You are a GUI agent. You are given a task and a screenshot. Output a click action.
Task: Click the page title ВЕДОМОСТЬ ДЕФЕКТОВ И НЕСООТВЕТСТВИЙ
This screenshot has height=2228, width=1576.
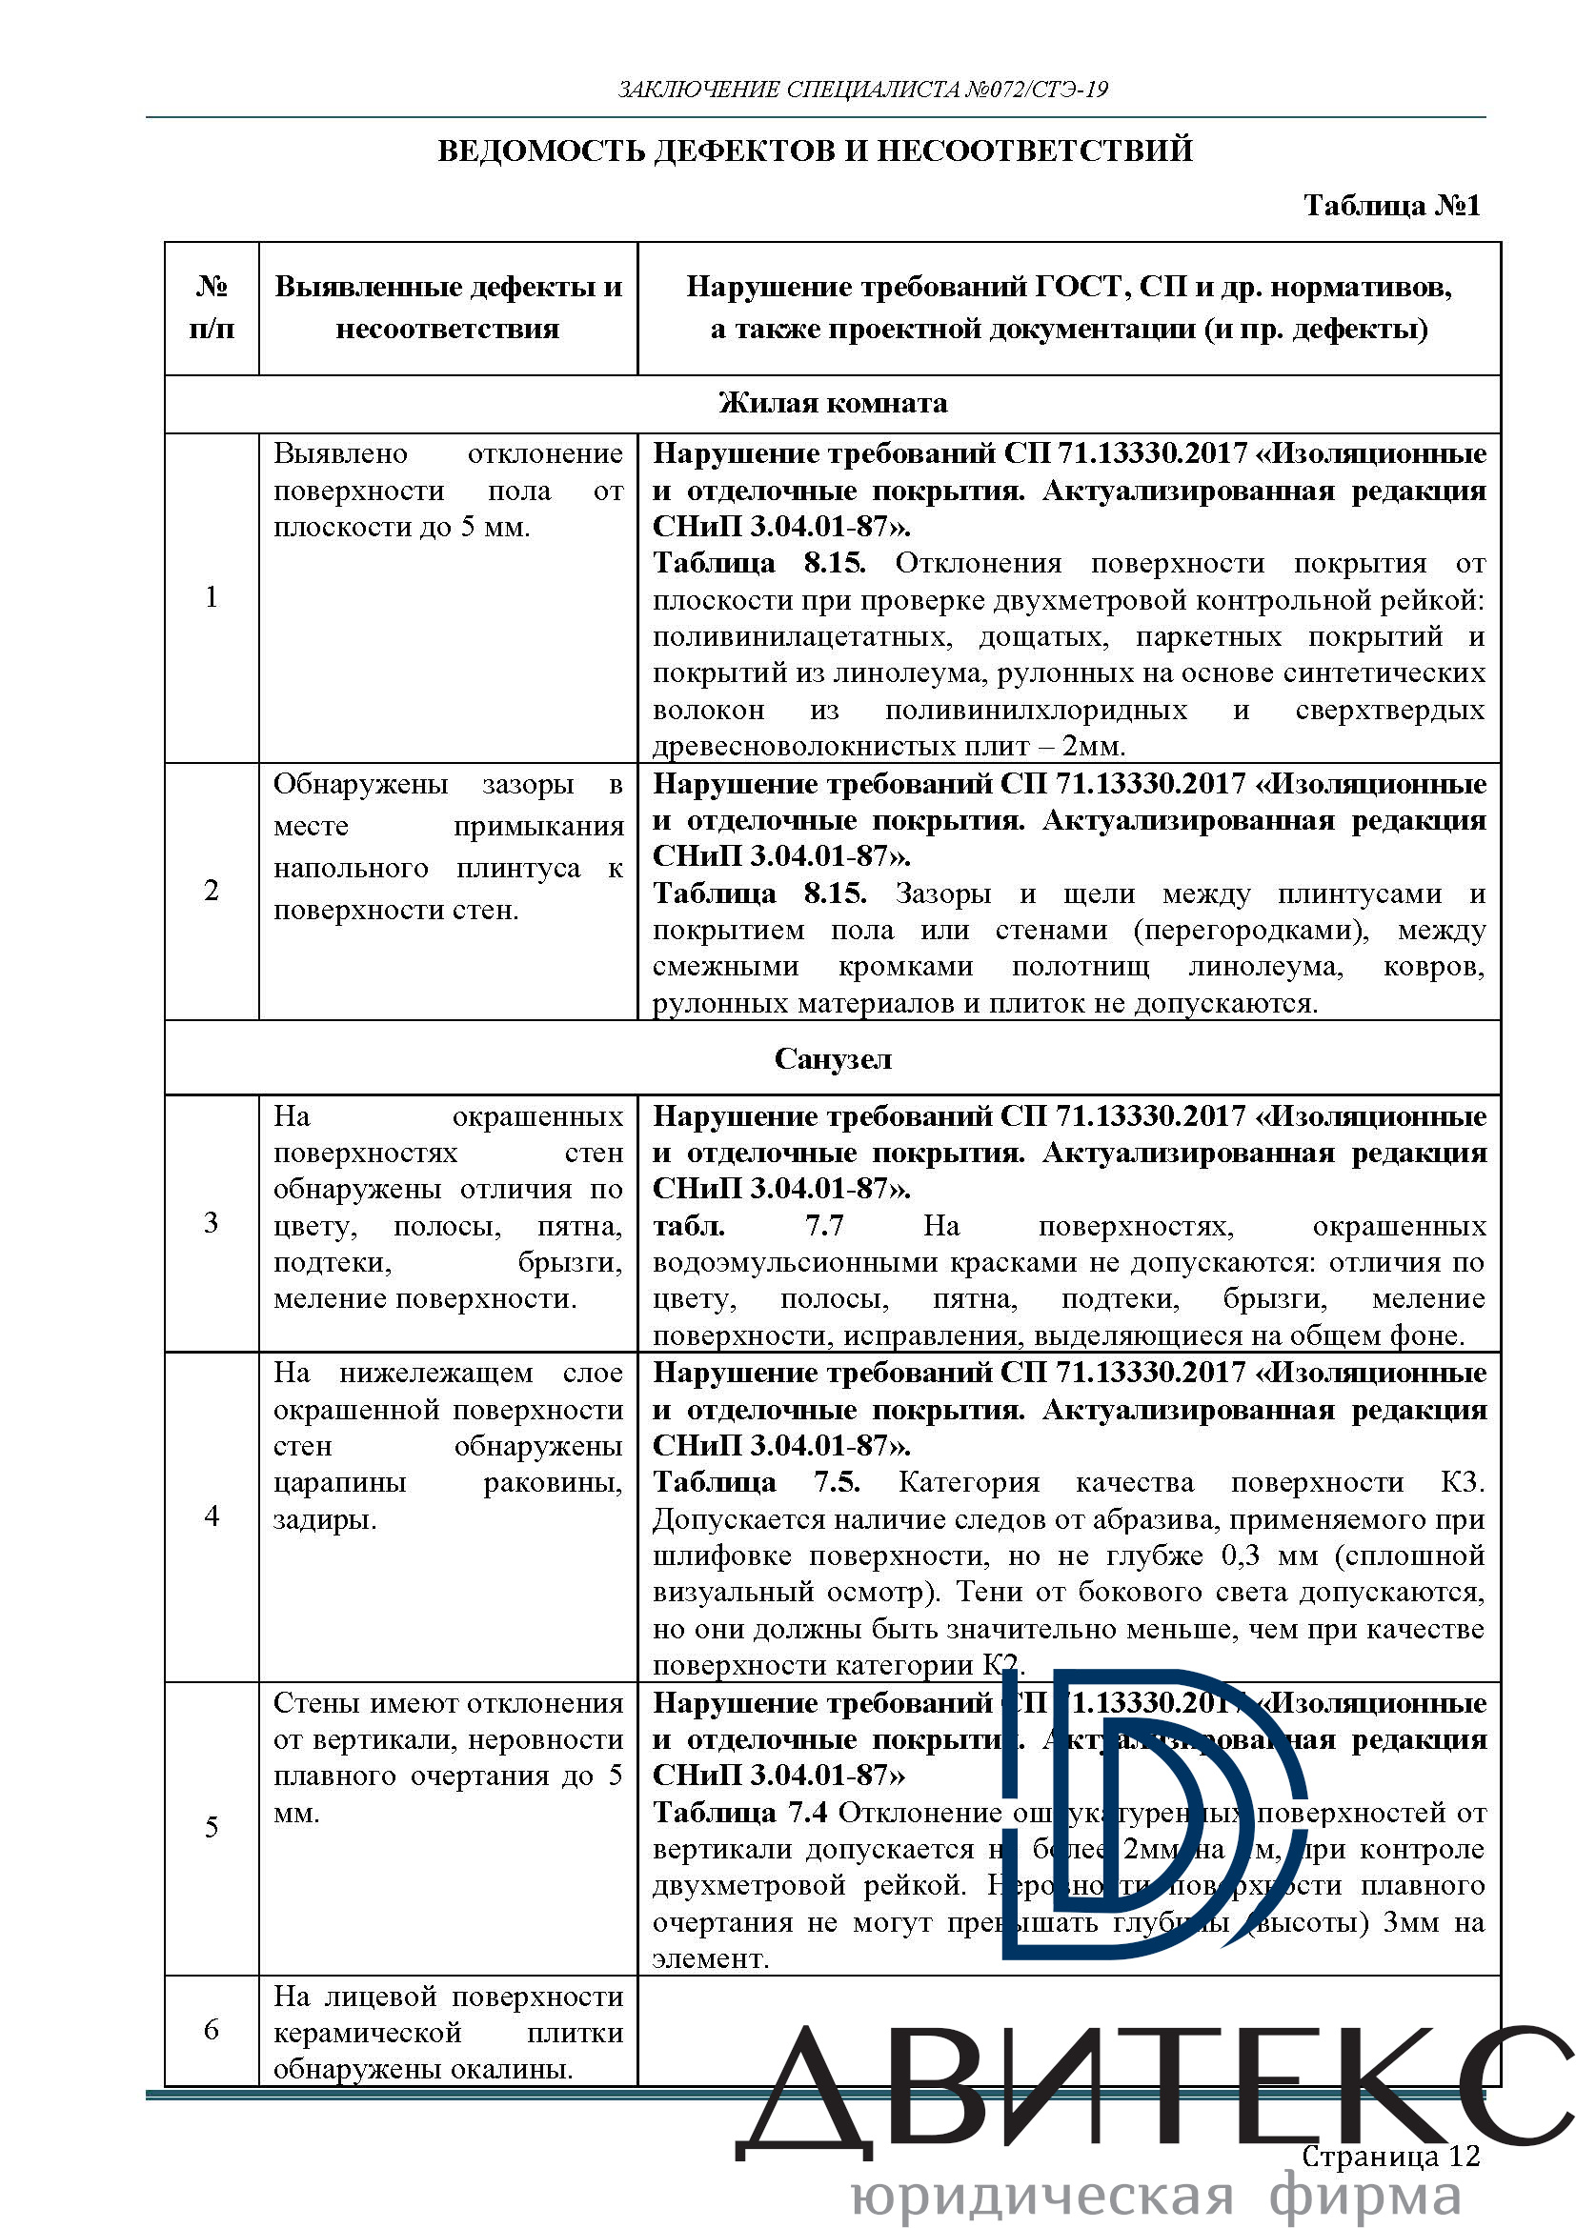point(816,151)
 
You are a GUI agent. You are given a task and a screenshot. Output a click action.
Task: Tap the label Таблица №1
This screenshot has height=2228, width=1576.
point(1391,206)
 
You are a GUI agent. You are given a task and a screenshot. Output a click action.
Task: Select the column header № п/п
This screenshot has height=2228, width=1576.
point(212,308)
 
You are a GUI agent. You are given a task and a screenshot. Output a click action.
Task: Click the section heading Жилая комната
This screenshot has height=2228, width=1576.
point(833,404)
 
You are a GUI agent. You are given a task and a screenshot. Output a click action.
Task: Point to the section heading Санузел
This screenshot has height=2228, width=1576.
point(833,1058)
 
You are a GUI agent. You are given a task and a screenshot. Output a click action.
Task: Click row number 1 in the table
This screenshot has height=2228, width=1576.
point(212,597)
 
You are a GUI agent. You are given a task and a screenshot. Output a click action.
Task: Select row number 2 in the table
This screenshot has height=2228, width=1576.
point(212,890)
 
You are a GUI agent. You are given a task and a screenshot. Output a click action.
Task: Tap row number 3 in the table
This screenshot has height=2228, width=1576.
point(212,1223)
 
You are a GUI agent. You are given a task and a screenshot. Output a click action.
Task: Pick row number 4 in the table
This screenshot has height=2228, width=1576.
point(212,1515)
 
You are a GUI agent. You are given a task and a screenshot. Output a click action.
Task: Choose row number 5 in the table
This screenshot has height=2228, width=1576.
point(212,1827)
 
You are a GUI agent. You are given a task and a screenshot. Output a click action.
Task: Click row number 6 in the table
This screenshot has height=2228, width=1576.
point(212,2029)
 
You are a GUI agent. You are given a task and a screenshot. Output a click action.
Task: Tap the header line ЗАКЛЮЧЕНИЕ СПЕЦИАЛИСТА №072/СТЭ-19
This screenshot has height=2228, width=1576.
point(862,90)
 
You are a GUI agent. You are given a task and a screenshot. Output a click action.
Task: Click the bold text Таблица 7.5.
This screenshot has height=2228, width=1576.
point(756,1483)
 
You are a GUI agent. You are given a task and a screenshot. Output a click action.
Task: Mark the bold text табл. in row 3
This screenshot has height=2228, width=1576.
point(688,1227)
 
